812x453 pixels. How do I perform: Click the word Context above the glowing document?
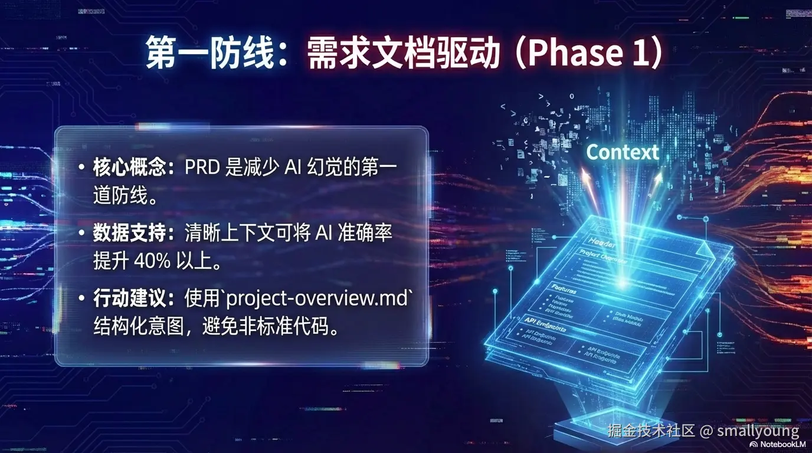(623, 152)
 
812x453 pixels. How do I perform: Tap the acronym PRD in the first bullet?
(202, 168)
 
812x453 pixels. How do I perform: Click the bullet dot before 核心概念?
(81, 169)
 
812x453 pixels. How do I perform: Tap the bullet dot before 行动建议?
(81, 300)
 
